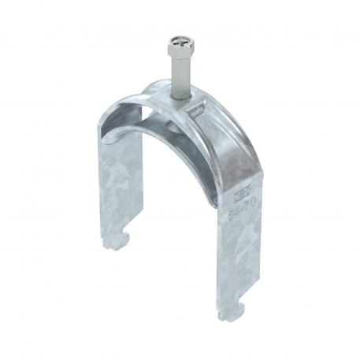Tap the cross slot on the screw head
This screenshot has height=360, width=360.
pos(177,37)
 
